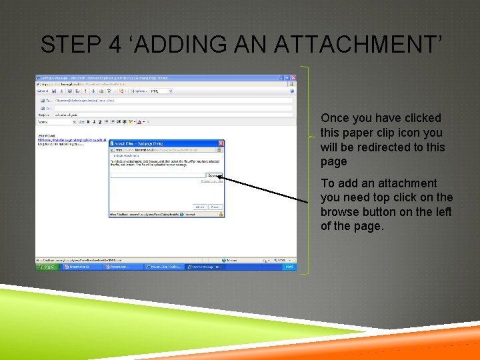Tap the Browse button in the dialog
[213, 176]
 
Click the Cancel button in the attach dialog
[215, 207]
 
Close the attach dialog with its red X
[221, 143]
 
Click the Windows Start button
[47, 267]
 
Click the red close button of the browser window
[292, 78]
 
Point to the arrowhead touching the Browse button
[220, 177]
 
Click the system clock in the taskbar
[289, 267]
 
